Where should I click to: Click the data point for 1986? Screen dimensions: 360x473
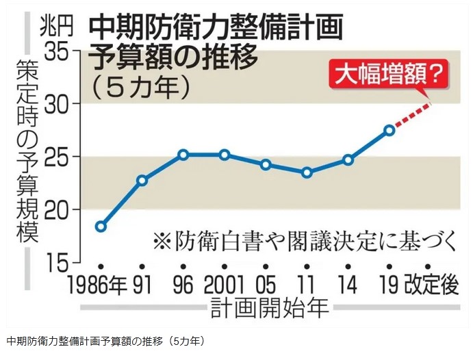tap(101, 227)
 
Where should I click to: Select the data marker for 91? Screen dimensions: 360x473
tap(142, 181)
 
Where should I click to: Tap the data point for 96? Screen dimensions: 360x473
tap(183, 155)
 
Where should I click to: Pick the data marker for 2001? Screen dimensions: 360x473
tap(225, 155)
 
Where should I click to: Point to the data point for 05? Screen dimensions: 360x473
tap(266, 164)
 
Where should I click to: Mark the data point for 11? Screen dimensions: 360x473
tap(307, 172)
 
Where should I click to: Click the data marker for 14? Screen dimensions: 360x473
tap(348, 159)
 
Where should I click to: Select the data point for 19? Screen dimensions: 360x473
tap(389, 129)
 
